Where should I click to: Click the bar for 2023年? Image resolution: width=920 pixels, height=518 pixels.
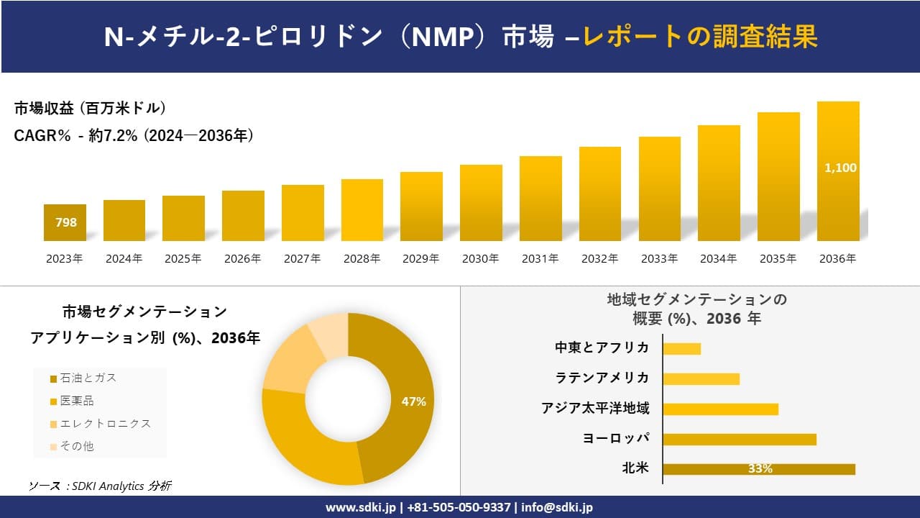[65, 223]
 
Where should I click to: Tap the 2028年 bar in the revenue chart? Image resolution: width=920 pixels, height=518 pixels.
[362, 210]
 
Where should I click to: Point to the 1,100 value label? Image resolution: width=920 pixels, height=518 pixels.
[839, 168]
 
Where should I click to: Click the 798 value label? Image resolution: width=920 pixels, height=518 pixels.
[66, 223]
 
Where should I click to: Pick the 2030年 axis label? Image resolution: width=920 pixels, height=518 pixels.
[480, 259]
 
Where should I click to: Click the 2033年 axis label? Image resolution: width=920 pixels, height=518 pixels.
[658, 259]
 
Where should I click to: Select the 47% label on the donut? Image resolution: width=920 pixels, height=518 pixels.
[413, 402]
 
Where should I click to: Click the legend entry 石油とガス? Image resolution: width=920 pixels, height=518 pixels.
[87, 378]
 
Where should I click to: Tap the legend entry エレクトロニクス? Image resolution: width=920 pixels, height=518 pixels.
[105, 424]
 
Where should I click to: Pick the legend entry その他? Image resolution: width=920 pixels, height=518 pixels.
[76, 446]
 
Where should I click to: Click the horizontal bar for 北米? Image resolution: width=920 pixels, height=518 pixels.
[758, 469]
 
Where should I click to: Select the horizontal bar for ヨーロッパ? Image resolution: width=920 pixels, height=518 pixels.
[739, 439]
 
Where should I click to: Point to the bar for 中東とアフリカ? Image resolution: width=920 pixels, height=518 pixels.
[681, 349]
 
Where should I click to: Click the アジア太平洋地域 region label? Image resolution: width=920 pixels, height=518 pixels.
[595, 409]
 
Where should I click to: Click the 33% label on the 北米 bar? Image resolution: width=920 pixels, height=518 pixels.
[760, 469]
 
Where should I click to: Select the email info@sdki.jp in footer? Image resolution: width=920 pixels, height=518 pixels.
[558, 507]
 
